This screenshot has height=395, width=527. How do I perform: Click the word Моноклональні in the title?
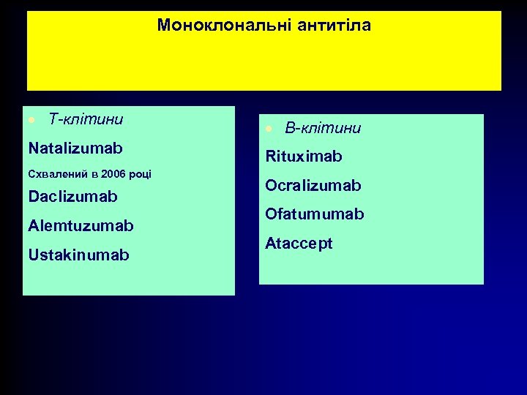[225, 26]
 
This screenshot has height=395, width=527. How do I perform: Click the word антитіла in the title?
[334, 26]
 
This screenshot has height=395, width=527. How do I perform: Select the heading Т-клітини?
[85, 118]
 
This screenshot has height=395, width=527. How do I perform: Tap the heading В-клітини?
[323, 129]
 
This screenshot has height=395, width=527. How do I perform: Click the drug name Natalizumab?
[75, 148]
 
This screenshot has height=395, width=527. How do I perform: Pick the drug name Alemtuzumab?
[81, 226]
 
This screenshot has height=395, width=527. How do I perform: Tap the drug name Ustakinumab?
[78, 255]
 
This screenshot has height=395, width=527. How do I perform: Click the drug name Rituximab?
[304, 157]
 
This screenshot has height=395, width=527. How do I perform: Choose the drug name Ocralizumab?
[313, 186]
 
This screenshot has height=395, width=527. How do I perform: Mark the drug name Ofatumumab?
[314, 214]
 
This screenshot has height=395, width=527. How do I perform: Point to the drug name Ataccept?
[299, 243]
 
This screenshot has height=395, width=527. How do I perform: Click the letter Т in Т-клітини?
[52, 118]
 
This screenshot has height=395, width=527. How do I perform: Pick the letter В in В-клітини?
[290, 129]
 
